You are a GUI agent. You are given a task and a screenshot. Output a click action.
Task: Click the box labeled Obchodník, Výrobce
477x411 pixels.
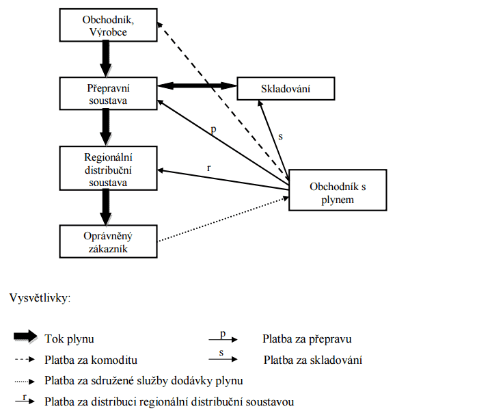tap(108, 25)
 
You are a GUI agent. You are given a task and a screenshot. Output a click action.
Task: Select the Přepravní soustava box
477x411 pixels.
tap(108, 93)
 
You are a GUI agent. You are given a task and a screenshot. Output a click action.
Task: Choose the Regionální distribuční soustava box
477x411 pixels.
tap(108, 168)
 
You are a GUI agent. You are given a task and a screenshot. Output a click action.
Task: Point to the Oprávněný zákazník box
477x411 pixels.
tap(108, 241)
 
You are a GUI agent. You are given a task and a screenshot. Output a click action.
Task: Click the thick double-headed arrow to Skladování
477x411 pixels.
tap(197, 85)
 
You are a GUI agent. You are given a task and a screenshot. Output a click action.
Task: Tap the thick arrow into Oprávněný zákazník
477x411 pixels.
tap(107, 207)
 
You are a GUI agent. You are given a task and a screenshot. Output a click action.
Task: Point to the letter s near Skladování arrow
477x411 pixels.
tap(280, 137)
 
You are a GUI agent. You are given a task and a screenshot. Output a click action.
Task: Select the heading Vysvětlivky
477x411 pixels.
tap(40, 299)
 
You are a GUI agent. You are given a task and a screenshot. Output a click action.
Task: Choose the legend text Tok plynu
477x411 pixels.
tap(69, 339)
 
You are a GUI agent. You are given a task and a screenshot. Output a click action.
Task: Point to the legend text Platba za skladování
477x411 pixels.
tap(312, 360)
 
